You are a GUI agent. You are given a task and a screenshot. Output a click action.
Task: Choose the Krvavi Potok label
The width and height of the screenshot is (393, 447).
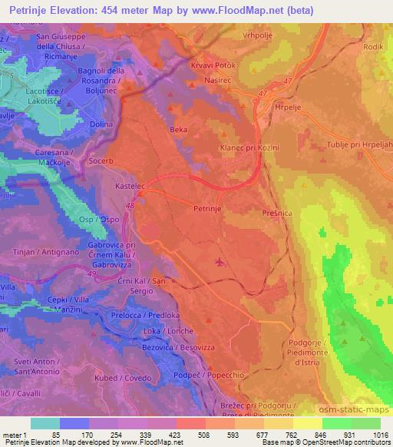(x=213, y=65)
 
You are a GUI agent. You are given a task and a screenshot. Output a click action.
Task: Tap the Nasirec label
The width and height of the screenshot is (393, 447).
(x=219, y=79)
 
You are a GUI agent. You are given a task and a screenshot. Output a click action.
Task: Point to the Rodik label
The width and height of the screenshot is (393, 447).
(x=373, y=47)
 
